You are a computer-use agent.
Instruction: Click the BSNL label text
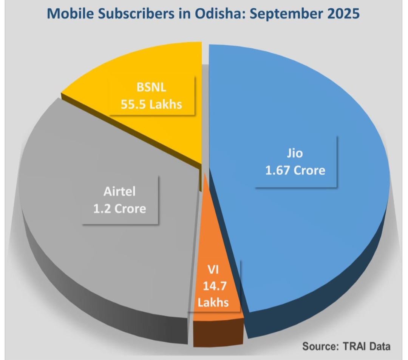151,90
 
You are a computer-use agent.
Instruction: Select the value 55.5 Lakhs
151,105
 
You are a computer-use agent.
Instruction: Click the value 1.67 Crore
295,170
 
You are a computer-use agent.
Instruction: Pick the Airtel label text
119,192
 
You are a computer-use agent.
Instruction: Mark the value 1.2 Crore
119,208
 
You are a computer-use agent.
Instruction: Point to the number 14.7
215,286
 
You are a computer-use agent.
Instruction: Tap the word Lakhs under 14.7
215,302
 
